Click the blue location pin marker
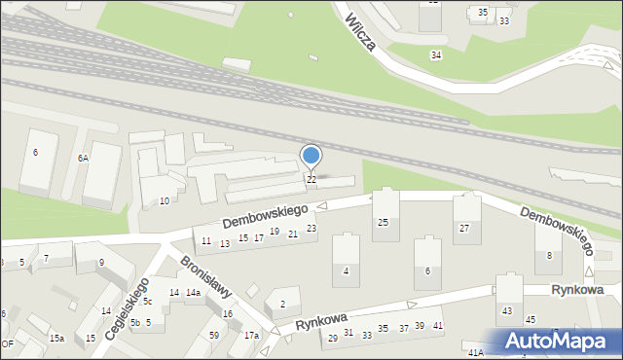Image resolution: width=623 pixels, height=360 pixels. point(311,157)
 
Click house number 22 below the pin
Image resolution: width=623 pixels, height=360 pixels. point(311,179)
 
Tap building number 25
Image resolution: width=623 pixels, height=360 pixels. point(383,223)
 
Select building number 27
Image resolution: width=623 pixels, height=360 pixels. point(464,228)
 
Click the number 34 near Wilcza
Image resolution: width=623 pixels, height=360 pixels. point(435,54)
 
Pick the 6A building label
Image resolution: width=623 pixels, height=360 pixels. point(84,158)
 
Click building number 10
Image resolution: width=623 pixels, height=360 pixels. point(165,200)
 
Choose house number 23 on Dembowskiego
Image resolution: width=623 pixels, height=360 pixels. point(311,229)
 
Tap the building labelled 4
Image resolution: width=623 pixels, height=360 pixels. point(347,270)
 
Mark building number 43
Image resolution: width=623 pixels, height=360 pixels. point(506,310)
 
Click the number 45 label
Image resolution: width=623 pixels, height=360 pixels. point(531,319)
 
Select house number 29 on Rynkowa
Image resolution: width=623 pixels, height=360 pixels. point(333,338)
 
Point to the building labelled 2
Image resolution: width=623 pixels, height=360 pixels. point(282,305)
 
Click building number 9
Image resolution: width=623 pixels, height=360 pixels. point(102,263)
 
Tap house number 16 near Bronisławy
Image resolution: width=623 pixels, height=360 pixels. point(228,313)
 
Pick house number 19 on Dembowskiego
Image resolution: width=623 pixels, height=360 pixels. point(275,232)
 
